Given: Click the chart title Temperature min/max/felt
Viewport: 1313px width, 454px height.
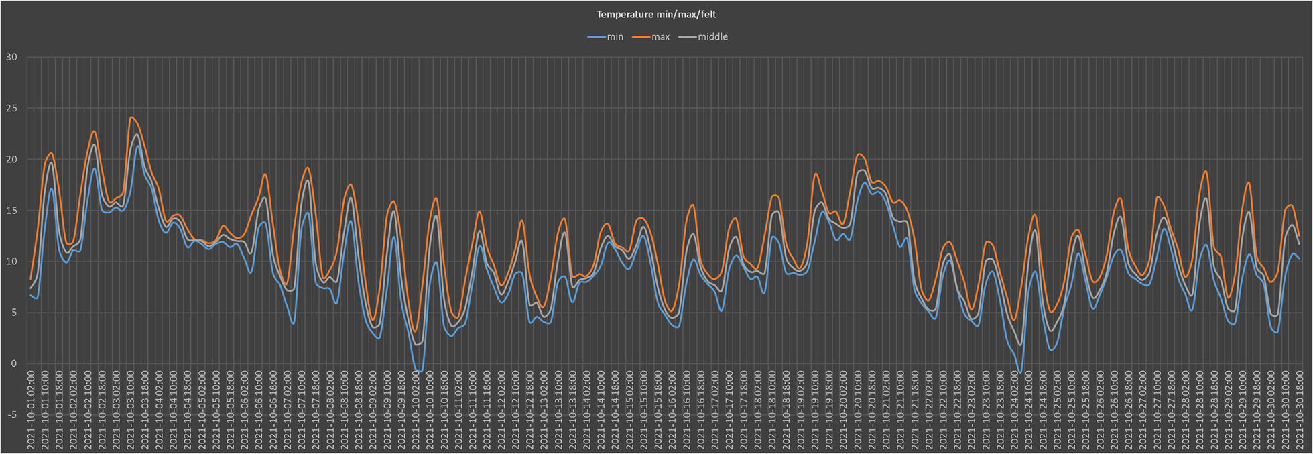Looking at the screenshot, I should tap(656, 14).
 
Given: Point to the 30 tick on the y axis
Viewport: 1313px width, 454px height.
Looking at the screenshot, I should tap(11, 57).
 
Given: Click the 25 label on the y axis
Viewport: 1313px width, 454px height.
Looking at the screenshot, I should tap(11, 108).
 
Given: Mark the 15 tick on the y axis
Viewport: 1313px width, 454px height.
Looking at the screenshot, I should tap(11, 211).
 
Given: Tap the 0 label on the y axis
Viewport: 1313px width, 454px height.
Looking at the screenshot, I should tap(14, 363).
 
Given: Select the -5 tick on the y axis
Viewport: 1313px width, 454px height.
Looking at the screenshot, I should tap(11, 414).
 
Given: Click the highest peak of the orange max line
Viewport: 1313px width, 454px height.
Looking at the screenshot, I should tap(131, 117).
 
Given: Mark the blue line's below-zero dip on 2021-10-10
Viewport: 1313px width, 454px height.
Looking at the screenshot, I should tap(419, 371).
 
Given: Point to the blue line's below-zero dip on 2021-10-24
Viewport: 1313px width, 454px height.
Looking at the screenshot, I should tap(1020, 373).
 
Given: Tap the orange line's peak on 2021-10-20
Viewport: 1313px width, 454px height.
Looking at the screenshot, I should tap(859, 154).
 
